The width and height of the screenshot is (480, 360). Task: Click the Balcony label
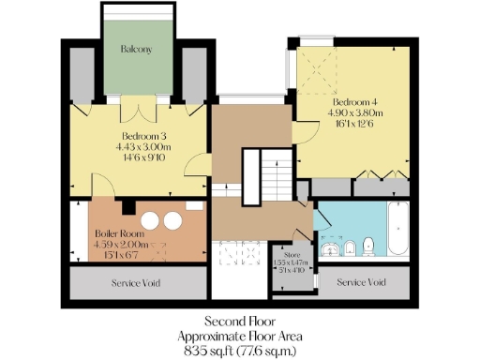(x=137, y=48)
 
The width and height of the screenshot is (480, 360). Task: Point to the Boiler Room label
(x=116, y=234)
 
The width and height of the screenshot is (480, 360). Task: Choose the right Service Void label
(x=361, y=282)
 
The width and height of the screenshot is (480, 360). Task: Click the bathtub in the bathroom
(x=397, y=231)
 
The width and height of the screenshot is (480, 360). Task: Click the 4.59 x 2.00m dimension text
(x=116, y=246)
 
